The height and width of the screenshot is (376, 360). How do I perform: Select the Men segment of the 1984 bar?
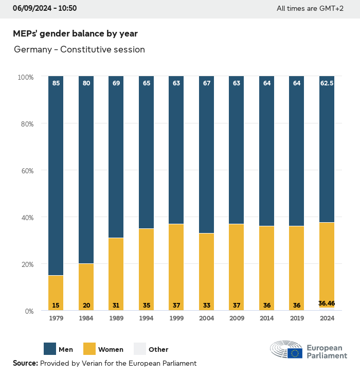pyautogui.click(x=86, y=170)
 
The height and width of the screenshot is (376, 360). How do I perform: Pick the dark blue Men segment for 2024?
pyautogui.click(x=327, y=149)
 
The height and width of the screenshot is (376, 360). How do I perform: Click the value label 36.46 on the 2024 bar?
pyautogui.click(x=327, y=303)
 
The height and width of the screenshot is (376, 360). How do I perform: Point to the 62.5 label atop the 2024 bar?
pyautogui.click(x=327, y=83)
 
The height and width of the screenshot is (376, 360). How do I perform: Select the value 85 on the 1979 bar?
pyautogui.click(x=56, y=83)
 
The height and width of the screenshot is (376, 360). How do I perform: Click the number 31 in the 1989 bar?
pyautogui.click(x=116, y=306)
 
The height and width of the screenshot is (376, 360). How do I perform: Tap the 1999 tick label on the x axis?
pyautogui.click(x=176, y=318)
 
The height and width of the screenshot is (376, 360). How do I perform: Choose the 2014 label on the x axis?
pyautogui.click(x=266, y=318)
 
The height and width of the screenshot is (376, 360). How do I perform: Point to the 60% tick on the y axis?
pyautogui.click(x=26, y=170)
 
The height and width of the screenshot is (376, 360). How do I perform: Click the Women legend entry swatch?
pyautogui.click(x=89, y=349)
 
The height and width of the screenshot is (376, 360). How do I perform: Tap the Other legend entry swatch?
pyautogui.click(x=140, y=349)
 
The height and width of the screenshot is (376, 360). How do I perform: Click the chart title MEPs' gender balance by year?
pyautogui.click(x=75, y=33)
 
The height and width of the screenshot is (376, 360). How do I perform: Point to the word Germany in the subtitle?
pyautogui.click(x=33, y=50)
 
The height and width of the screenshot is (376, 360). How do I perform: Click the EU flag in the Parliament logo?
pyautogui.click(x=295, y=353)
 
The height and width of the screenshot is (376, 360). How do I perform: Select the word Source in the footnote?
pyautogui.click(x=25, y=363)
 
